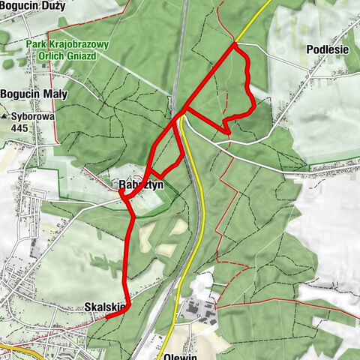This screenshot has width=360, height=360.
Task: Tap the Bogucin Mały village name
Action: (x=34, y=94)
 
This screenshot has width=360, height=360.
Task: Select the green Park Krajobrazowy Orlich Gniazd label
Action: (x=67, y=50)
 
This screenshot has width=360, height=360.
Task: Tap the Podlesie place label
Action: (x=328, y=49)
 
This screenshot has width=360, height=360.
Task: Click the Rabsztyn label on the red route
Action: (x=135, y=184)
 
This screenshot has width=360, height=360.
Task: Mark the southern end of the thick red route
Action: (x=106, y=316)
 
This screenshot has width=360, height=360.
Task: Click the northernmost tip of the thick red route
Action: (x=234, y=43)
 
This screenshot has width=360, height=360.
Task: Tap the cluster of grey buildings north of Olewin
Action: (x=197, y=307)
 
